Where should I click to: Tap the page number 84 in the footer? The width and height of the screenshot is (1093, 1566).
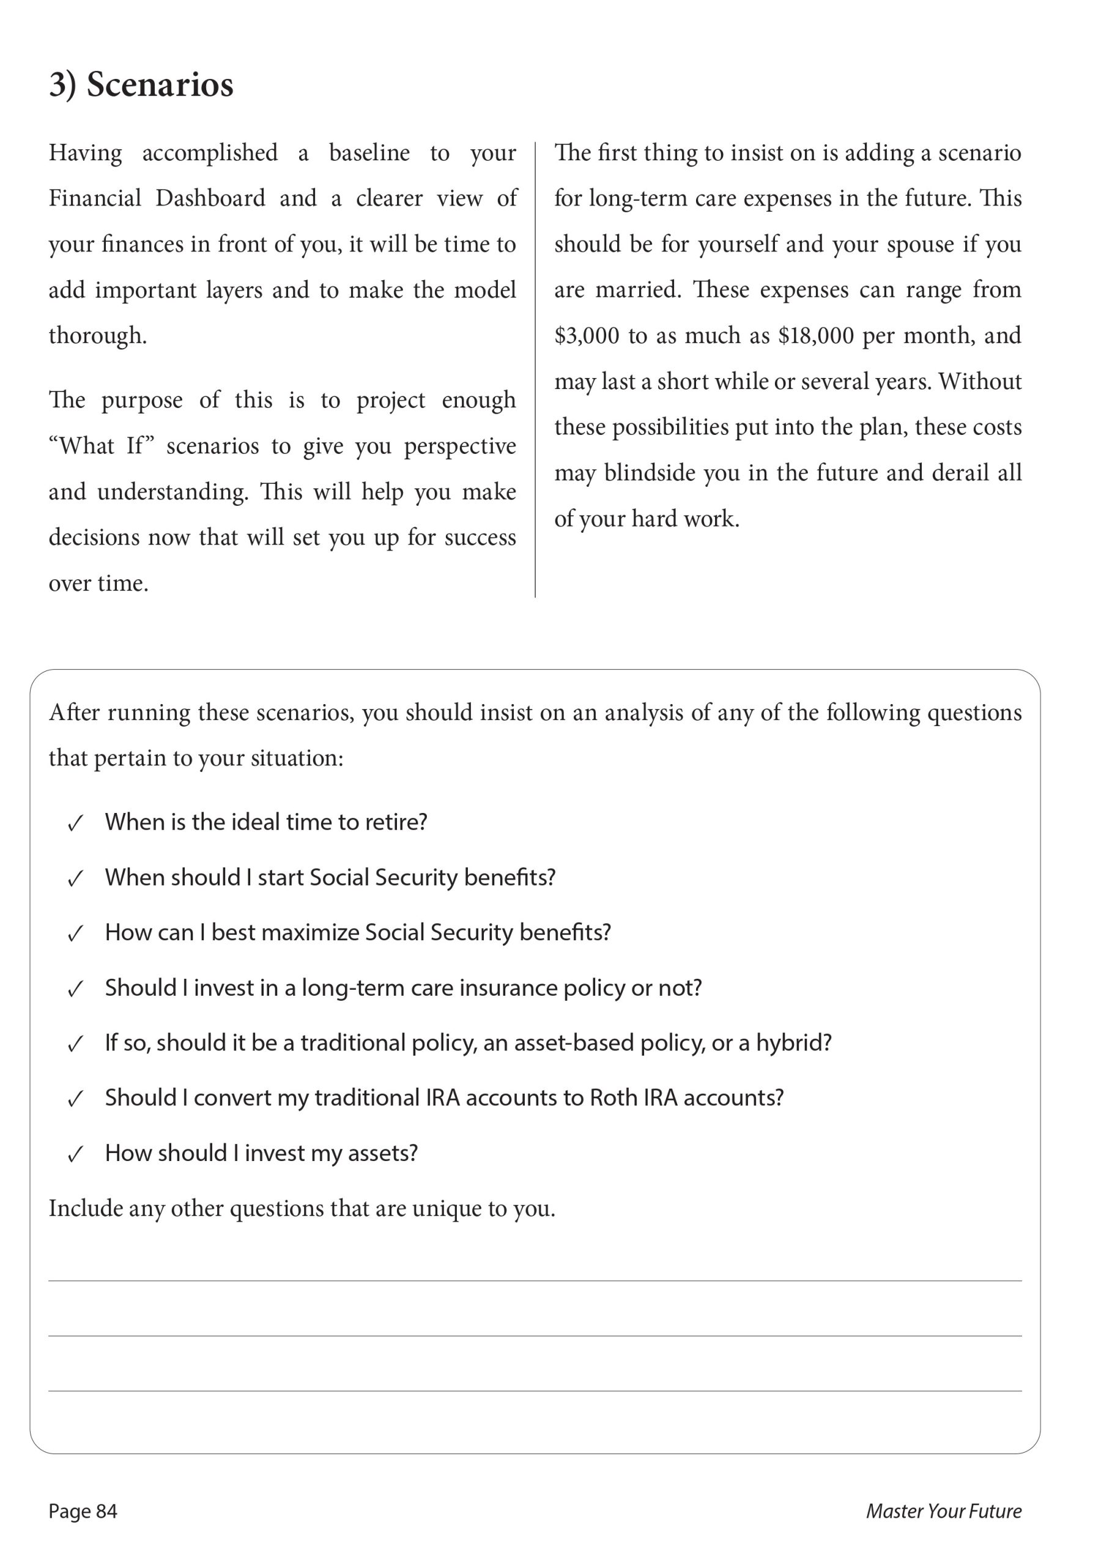[106, 1511]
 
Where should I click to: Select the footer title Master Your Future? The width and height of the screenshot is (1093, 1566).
[943, 1511]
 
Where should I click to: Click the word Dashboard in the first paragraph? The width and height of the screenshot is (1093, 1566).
[210, 198]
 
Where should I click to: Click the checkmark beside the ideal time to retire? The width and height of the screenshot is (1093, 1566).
[75, 823]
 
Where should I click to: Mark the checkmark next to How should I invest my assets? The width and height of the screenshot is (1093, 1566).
[75, 1155]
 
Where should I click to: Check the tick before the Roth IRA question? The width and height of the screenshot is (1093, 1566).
[75, 1099]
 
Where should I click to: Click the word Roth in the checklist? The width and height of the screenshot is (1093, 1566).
[613, 1098]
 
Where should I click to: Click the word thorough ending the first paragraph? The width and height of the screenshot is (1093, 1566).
[97, 336]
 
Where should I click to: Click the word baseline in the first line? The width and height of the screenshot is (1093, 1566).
[369, 153]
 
